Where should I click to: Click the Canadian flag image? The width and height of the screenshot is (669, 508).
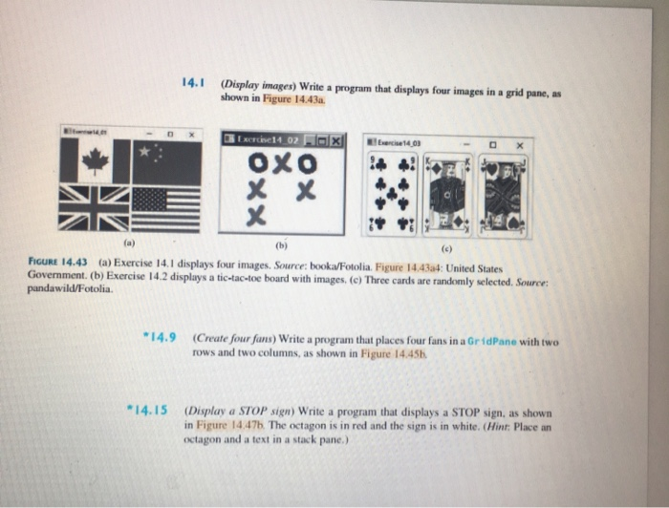pos(95,160)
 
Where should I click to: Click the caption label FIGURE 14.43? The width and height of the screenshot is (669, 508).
pos(49,261)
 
